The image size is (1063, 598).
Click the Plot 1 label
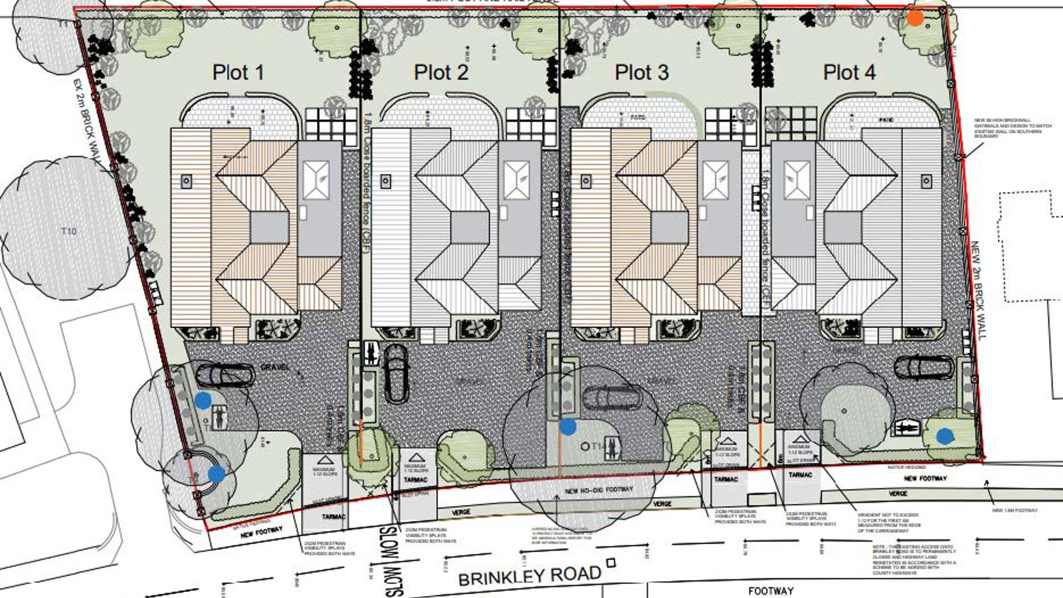[x=238, y=72]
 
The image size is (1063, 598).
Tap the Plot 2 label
[x=440, y=72]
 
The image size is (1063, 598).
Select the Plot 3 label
[x=641, y=72]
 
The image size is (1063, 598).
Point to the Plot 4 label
[x=849, y=72]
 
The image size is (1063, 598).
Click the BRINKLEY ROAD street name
[x=530, y=575]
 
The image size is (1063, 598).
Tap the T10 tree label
[x=68, y=231]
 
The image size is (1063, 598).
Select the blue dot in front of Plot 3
[x=567, y=427]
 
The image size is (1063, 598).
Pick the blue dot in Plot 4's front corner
[x=945, y=436]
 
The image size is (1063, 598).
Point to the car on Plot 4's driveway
[x=923, y=366]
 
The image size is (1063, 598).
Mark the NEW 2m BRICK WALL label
[x=978, y=290]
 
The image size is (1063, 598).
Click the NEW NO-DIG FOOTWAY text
[x=599, y=490]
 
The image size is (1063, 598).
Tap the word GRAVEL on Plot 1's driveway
[x=275, y=367]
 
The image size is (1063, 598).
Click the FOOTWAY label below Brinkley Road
[x=771, y=591]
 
